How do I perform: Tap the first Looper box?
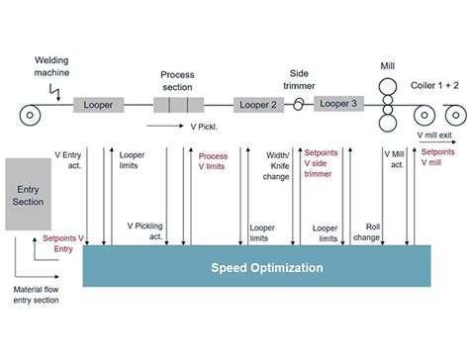(x=98, y=105)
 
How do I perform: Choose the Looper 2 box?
(x=261, y=105)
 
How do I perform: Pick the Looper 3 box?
(x=339, y=103)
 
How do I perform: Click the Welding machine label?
(x=51, y=66)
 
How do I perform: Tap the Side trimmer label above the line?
(x=299, y=79)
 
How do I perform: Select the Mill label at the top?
(x=387, y=68)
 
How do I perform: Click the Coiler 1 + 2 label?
(x=435, y=86)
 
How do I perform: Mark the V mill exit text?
(x=436, y=134)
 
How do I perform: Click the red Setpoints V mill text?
(x=438, y=159)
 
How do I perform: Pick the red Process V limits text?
(x=213, y=161)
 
